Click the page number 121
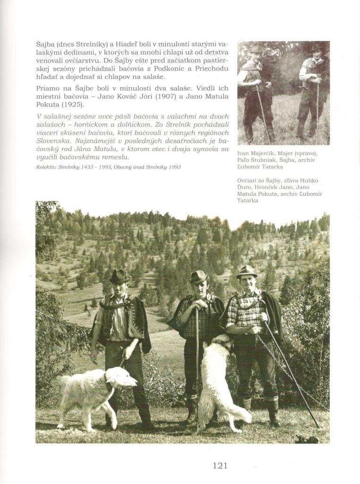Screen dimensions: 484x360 [x=220, y=466]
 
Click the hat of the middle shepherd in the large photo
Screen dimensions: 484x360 [x=199, y=277]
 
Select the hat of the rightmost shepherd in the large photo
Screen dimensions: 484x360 [x=247, y=271]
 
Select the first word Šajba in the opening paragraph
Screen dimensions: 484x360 [x=46, y=44]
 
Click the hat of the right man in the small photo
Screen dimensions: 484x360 [x=316, y=46]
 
